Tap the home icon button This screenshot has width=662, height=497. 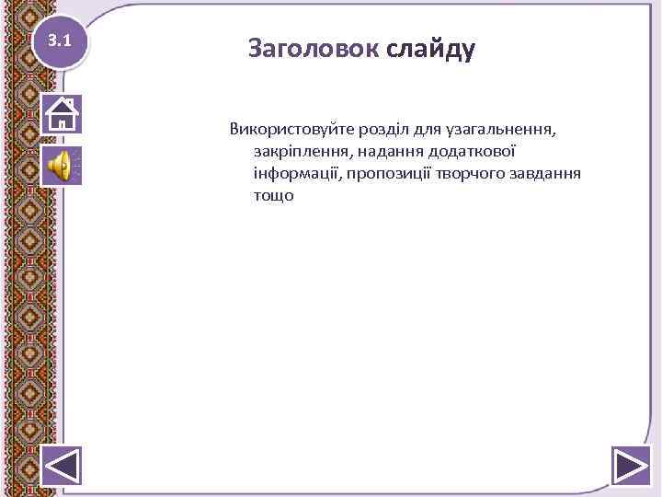[62, 114]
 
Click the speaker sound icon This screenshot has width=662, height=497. [62, 166]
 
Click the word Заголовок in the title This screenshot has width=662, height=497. [313, 49]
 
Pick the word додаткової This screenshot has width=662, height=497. [474, 150]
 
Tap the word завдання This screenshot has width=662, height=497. [546, 173]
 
